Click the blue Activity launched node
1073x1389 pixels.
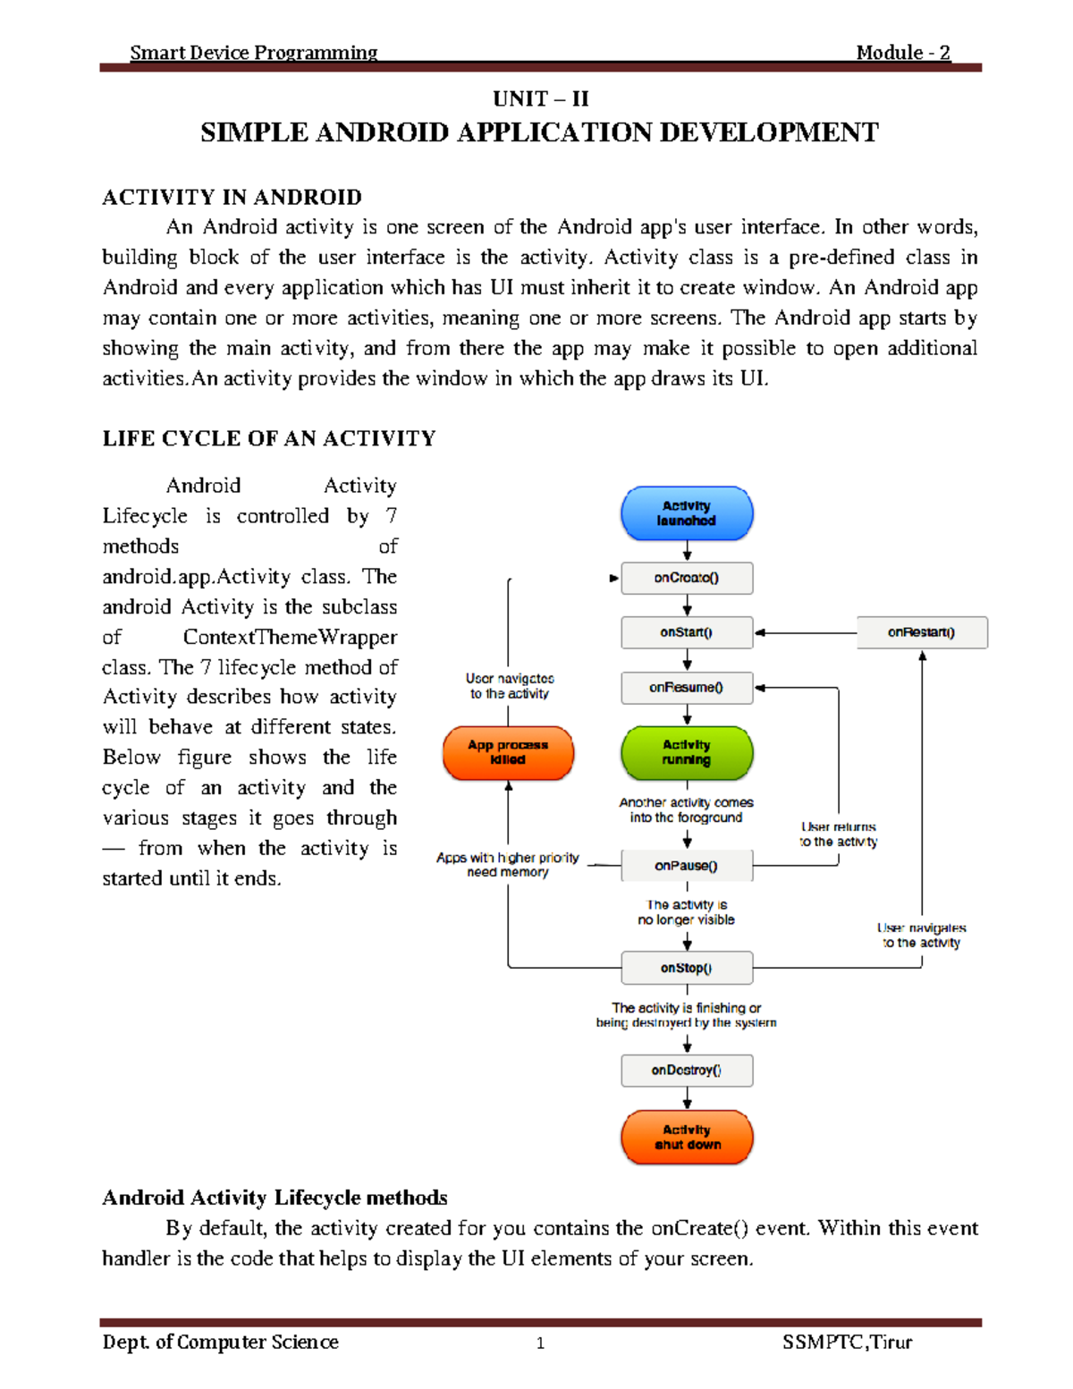(x=687, y=513)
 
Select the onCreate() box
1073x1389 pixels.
(x=687, y=578)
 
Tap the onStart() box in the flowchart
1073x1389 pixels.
(x=687, y=632)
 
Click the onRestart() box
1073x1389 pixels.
(x=922, y=632)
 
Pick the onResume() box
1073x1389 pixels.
(x=687, y=688)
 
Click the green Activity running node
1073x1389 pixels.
(x=687, y=752)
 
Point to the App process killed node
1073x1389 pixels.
(x=508, y=752)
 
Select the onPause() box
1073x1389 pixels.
(x=687, y=866)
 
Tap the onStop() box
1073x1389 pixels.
(x=687, y=968)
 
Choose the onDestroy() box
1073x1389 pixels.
(x=687, y=1070)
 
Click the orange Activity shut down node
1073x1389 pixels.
(x=687, y=1137)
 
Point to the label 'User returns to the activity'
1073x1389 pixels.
(x=839, y=834)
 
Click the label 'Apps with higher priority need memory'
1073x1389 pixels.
(x=508, y=865)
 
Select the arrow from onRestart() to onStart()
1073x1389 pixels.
(x=805, y=632)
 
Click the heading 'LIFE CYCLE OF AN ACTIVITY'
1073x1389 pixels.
(x=269, y=438)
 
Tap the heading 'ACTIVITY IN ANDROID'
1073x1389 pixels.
(x=232, y=198)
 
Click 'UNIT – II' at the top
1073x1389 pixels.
(x=540, y=98)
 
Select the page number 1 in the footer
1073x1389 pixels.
(x=540, y=1342)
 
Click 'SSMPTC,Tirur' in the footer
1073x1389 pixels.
(x=847, y=1342)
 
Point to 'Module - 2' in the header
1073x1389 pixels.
(x=903, y=53)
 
